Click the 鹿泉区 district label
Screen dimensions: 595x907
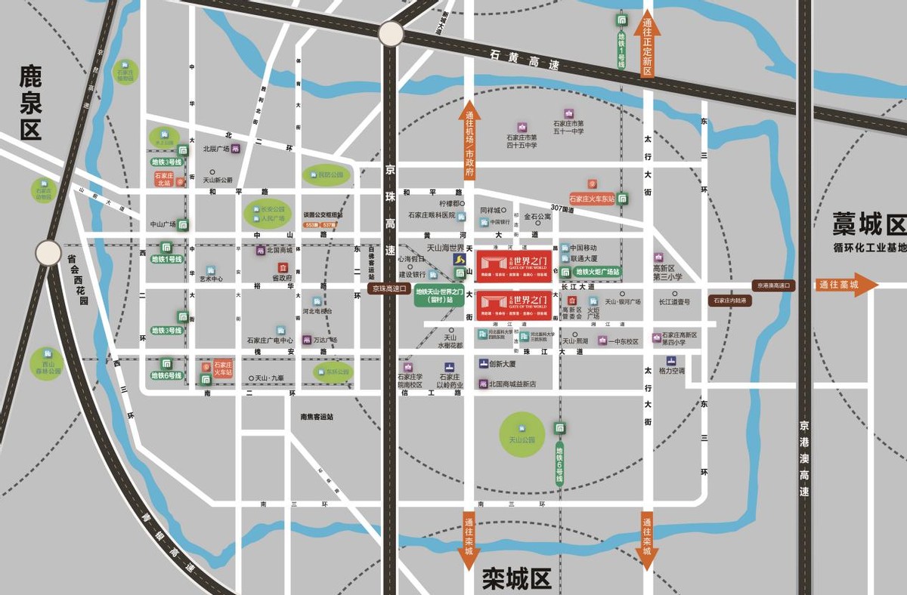point(31,103)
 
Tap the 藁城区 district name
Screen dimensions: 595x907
point(868,225)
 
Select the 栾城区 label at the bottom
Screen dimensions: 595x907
point(517,579)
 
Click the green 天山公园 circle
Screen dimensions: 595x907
point(522,434)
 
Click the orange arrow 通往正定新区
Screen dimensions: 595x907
point(647,47)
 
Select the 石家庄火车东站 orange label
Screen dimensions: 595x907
point(592,199)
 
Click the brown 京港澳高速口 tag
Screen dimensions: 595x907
point(774,285)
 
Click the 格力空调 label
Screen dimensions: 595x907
point(670,371)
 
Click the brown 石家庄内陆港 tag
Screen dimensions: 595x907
point(731,301)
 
